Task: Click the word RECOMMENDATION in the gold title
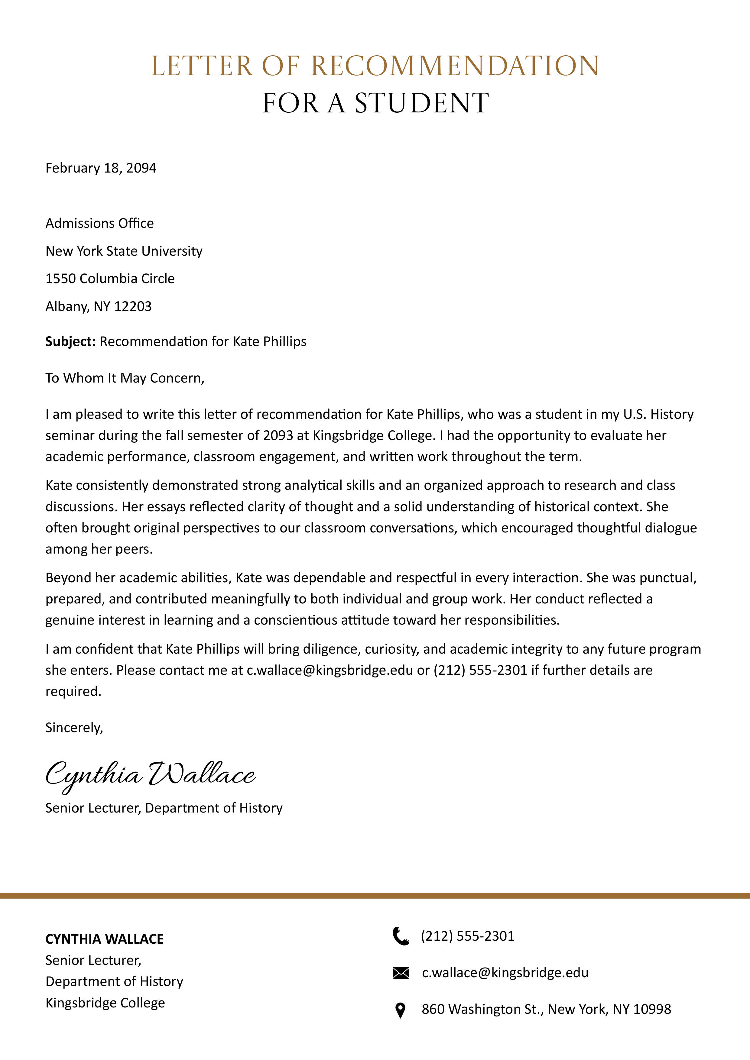coord(455,66)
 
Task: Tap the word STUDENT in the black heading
coord(422,103)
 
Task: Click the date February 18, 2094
coord(101,168)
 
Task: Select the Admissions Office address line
coord(99,223)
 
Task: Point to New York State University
coord(124,251)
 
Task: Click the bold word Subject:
coord(70,342)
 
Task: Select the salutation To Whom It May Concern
coord(125,378)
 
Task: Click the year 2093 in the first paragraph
coord(278,435)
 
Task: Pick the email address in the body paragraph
coord(330,670)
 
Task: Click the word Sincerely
coord(74,728)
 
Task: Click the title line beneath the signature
coord(164,808)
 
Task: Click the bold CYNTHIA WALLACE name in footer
coord(104,939)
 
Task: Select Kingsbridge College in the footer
coord(105,1003)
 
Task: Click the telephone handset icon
coord(401,936)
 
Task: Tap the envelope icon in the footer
coord(401,973)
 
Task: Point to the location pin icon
coord(401,1010)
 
